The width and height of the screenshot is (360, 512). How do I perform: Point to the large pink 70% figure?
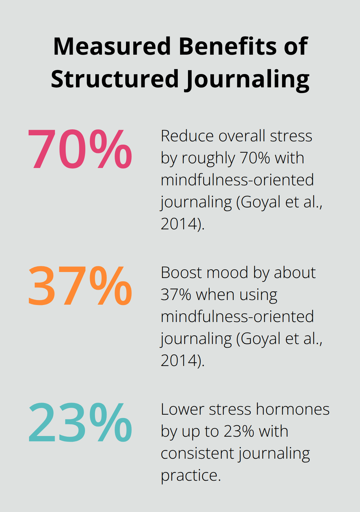click(80, 149)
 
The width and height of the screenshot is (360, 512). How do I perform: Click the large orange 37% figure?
click(80, 286)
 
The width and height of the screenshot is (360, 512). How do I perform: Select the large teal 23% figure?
click(80, 422)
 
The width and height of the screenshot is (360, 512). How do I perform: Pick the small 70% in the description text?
click(255, 158)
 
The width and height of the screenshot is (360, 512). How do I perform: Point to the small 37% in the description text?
click(176, 295)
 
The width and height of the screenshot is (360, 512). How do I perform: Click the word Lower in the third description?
click(182, 409)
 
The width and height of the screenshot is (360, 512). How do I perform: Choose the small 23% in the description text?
click(239, 431)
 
